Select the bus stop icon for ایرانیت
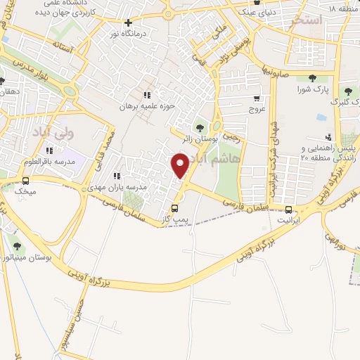(289, 209)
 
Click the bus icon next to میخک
(26, 181)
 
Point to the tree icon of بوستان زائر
(200, 128)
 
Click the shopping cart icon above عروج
(257, 98)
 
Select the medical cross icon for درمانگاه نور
(128, 22)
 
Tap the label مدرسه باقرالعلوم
(49, 162)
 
